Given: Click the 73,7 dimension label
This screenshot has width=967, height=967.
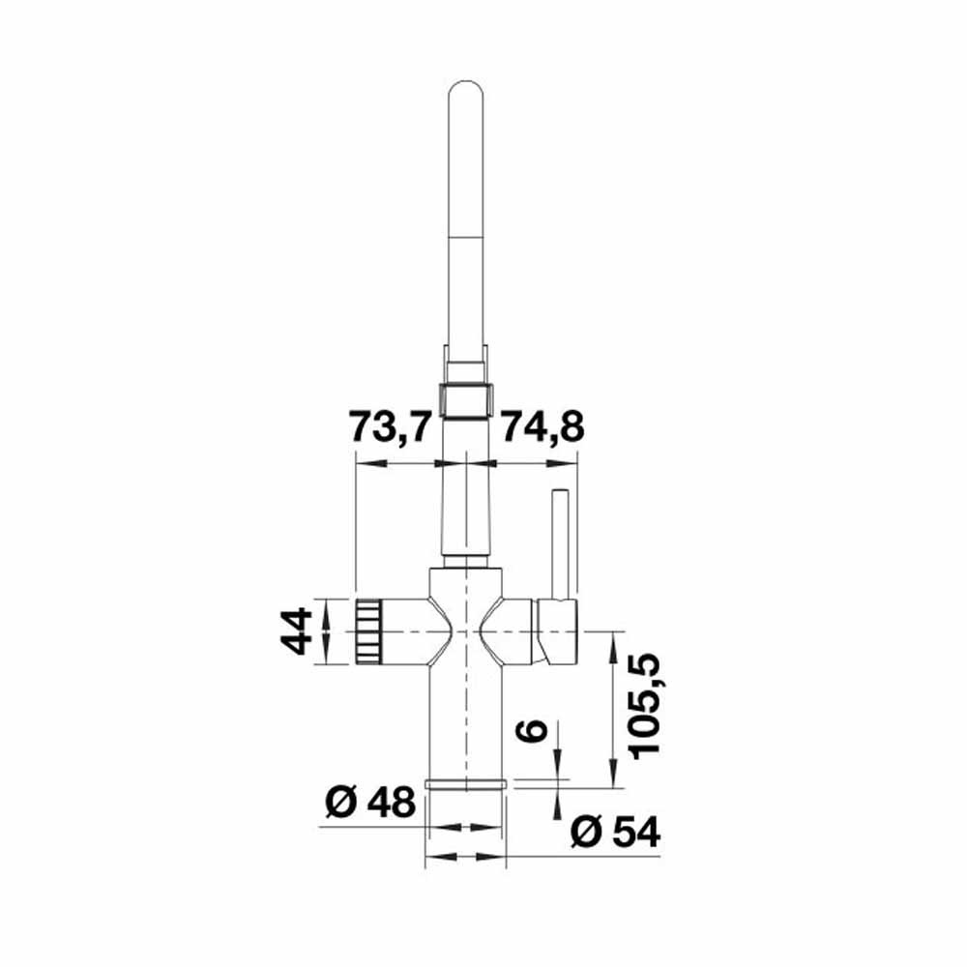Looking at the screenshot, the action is [389, 426].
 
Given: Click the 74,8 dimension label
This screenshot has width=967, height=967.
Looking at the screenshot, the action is [542, 426].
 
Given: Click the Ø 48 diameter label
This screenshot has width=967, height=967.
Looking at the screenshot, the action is [370, 803].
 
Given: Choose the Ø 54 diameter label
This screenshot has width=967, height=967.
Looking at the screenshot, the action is [615, 833].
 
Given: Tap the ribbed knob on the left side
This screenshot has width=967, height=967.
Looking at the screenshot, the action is [368, 631].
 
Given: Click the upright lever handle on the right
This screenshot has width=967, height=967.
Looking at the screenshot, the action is [561, 543].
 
